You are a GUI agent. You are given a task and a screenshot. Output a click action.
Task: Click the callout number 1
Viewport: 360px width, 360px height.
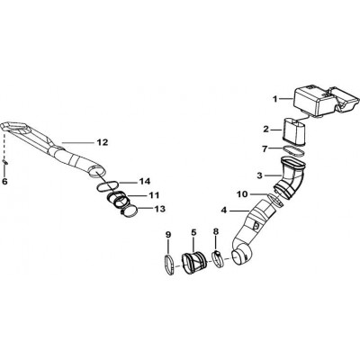[x=275, y=99]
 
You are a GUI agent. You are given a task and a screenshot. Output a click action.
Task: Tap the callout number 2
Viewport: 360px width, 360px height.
[x=266, y=130]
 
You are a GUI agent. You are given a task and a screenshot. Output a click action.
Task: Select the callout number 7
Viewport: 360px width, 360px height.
[x=265, y=148]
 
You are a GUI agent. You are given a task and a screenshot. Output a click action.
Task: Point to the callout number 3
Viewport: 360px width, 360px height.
[x=260, y=175]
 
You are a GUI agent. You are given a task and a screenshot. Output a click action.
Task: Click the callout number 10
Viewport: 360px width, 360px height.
[x=242, y=194]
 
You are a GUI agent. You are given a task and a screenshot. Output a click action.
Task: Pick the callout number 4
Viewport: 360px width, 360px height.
[x=224, y=211]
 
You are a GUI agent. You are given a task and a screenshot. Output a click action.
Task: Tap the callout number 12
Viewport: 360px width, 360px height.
[x=103, y=142]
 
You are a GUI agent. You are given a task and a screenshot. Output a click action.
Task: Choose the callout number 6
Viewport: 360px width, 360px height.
[x=4, y=182]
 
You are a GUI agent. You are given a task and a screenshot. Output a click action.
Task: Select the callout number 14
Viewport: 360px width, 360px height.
[x=144, y=182]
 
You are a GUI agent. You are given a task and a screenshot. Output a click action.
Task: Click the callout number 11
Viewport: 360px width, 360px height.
[x=154, y=195]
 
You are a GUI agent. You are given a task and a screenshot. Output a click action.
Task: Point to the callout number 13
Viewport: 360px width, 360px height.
[x=159, y=209]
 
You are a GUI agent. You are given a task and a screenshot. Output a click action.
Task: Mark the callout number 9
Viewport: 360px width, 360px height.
[x=168, y=235]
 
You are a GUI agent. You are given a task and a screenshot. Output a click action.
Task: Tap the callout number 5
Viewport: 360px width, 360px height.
[x=193, y=232]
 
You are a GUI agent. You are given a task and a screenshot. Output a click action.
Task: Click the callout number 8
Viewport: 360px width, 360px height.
[x=216, y=231]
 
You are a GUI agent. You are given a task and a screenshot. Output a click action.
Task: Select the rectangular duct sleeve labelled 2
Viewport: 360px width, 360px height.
[x=295, y=132]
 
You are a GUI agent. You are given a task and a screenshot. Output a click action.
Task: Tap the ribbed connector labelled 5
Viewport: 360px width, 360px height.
[x=193, y=264]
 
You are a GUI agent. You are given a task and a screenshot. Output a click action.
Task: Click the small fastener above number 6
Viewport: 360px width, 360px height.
[x=5, y=162]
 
